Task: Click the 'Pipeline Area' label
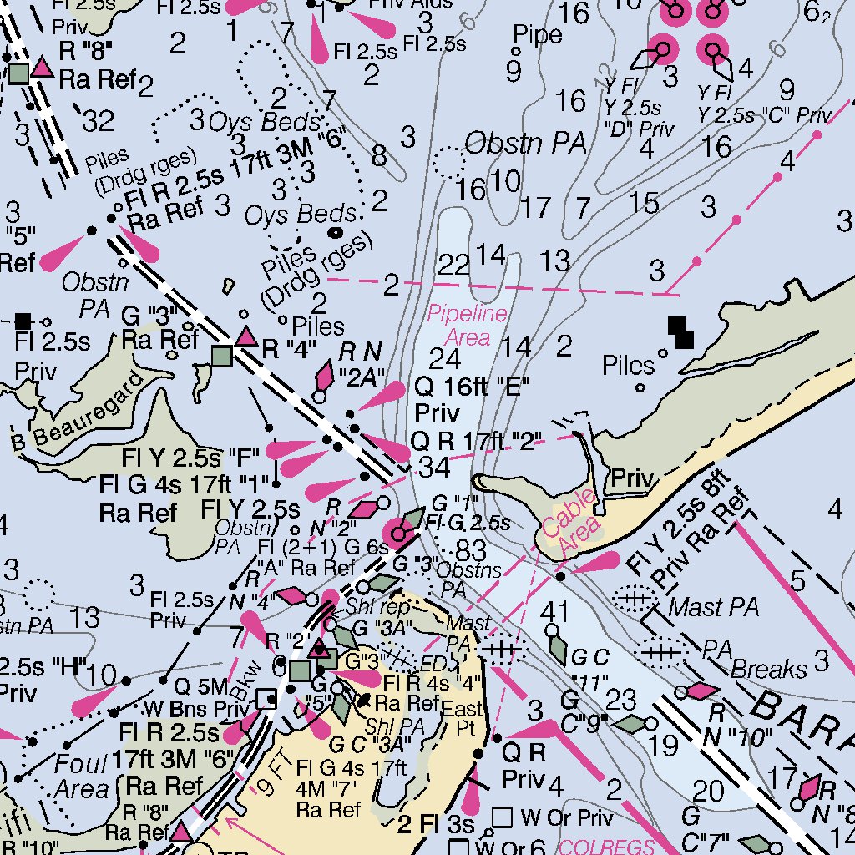tap(468, 326)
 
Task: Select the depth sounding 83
tap(471, 550)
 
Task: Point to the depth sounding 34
tap(434, 468)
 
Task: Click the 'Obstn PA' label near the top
tap(524, 144)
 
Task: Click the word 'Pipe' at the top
tap(538, 34)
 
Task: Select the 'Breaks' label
tap(769, 669)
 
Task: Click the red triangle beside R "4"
tap(245, 337)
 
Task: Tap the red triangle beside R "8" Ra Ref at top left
tap(42, 68)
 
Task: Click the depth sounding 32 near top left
tap(98, 123)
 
